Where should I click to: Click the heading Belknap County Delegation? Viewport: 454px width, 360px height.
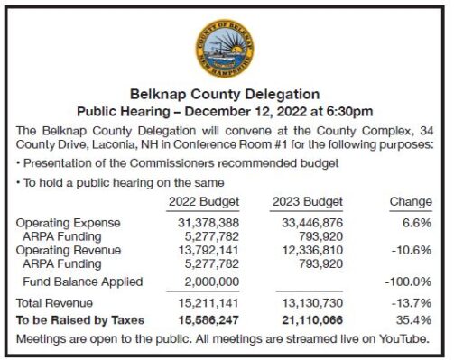coord(225,93)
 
